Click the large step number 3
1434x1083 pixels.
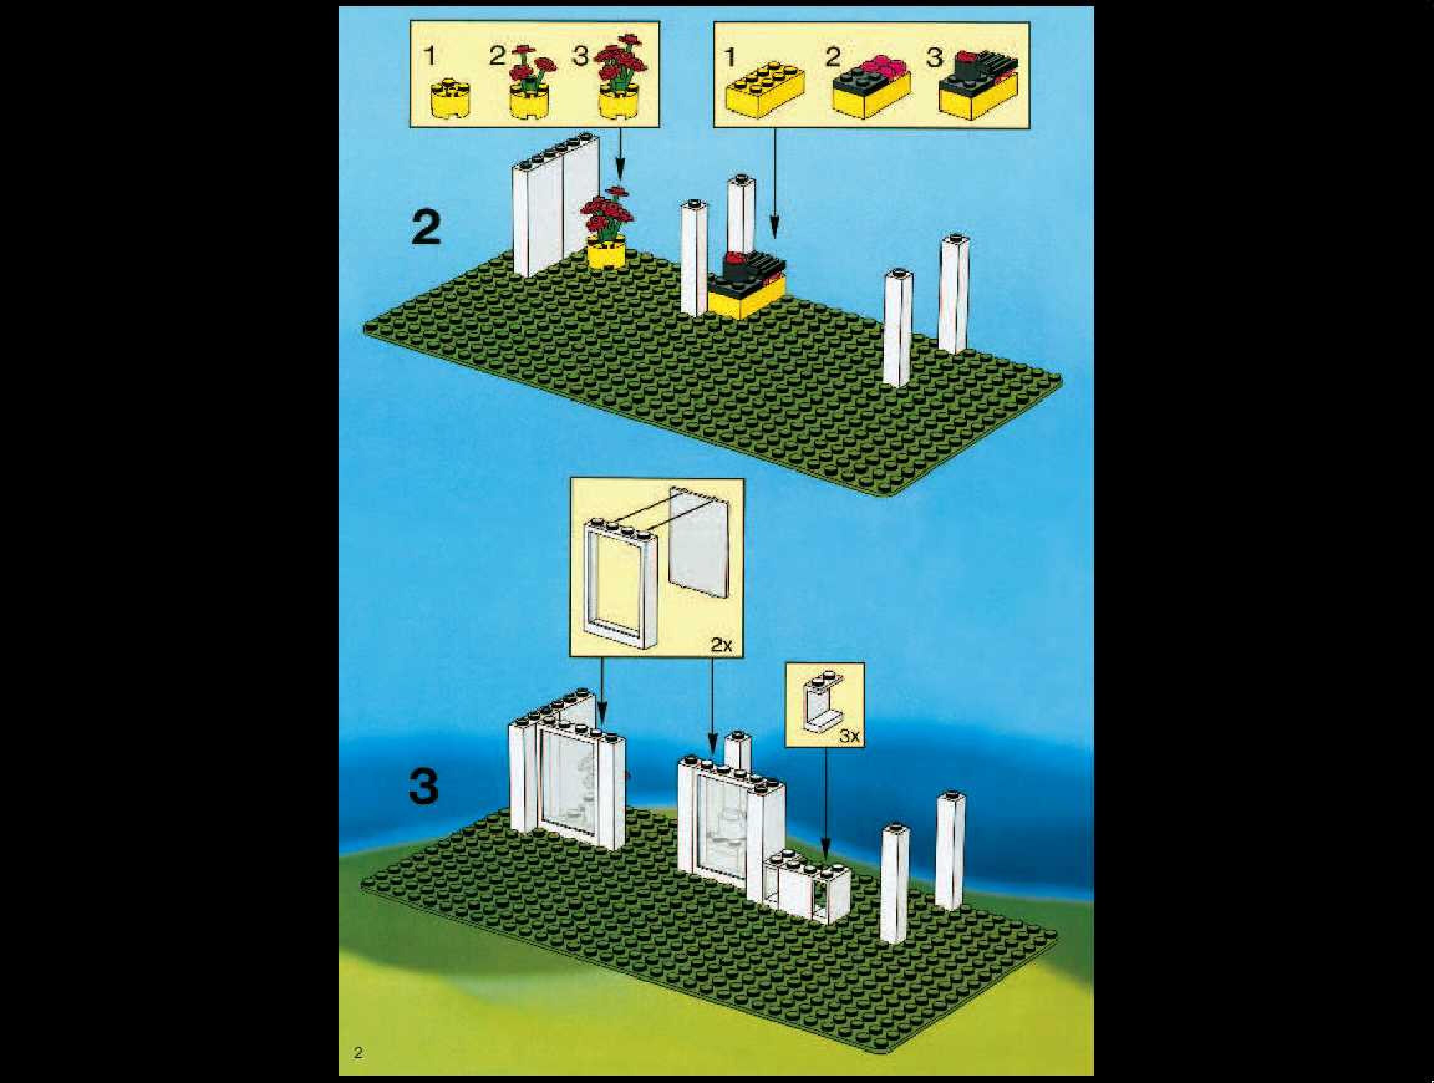click(424, 787)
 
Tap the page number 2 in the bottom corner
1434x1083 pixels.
click(358, 1052)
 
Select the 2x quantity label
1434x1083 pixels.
click(721, 645)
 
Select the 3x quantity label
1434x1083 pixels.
click(849, 736)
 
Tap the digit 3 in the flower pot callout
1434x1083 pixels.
click(579, 56)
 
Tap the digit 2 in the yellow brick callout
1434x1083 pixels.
click(832, 57)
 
